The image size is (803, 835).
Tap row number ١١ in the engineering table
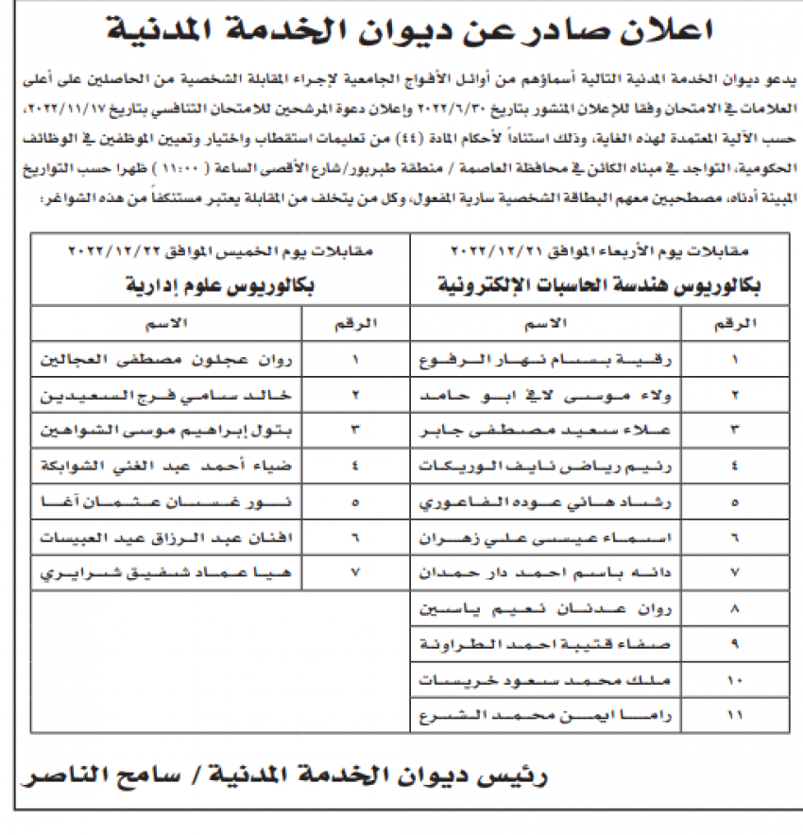coord(736,715)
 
